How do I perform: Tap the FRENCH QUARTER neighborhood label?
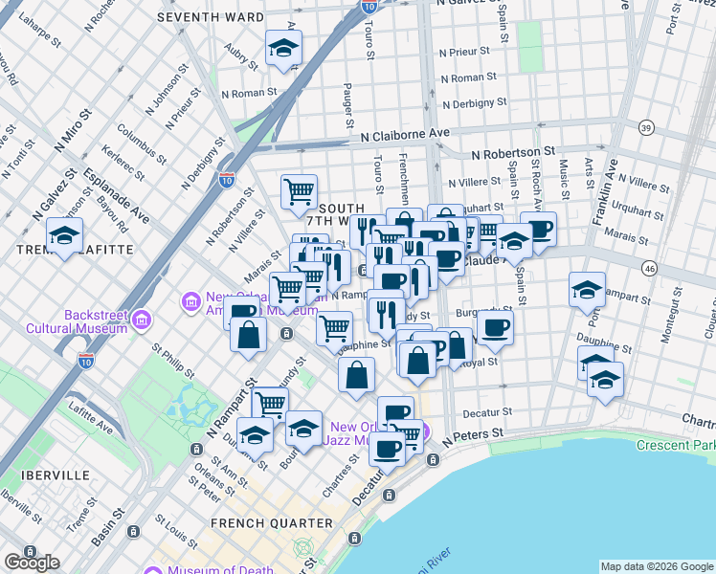point(272,523)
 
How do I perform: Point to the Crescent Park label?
point(675,445)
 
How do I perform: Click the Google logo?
point(32,562)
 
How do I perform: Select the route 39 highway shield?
point(647,127)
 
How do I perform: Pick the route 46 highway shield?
point(649,271)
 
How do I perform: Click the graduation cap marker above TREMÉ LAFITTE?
point(64,234)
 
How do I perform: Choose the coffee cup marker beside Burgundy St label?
point(495,326)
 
